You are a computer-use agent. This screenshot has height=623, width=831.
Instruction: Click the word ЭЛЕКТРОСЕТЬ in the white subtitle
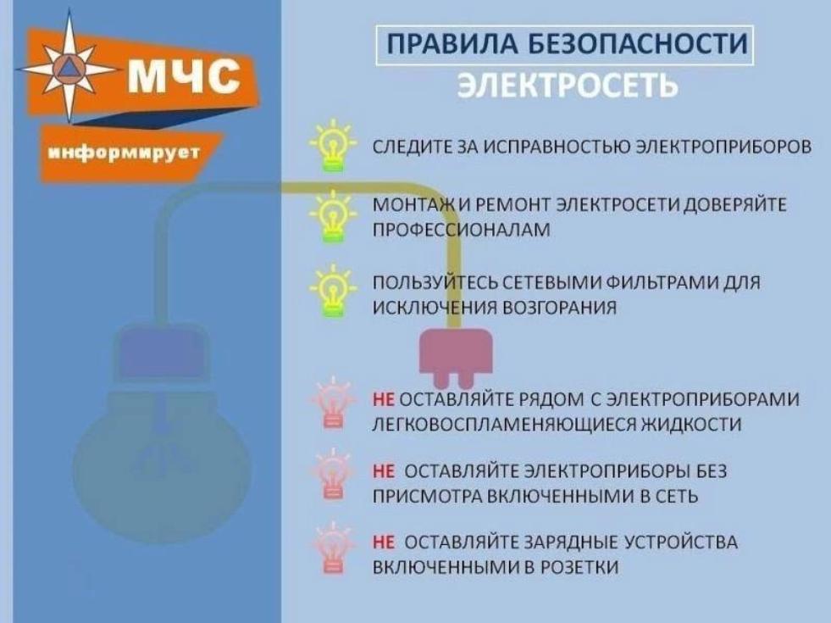pyautogui.click(x=568, y=85)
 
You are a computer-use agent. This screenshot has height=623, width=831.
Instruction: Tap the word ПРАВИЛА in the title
pyautogui.click(x=452, y=44)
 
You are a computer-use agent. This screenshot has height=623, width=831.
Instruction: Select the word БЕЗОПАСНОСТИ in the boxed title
pyautogui.click(x=638, y=44)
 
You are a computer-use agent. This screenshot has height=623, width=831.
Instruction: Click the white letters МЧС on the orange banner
pyautogui.click(x=183, y=75)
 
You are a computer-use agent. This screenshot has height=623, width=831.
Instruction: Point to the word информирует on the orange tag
pyautogui.click(x=124, y=153)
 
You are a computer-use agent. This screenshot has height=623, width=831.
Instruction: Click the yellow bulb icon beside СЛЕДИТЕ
pyautogui.click(x=333, y=146)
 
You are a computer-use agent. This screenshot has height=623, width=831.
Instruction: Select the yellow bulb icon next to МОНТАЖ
pyautogui.click(x=333, y=217)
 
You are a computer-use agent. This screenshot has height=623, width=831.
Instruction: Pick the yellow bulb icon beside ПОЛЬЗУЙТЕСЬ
pyautogui.click(x=333, y=291)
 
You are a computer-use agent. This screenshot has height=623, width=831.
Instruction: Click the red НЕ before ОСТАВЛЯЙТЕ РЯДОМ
pyautogui.click(x=384, y=398)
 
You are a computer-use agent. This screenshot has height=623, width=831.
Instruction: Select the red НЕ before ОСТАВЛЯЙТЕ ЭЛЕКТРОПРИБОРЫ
pyautogui.click(x=384, y=470)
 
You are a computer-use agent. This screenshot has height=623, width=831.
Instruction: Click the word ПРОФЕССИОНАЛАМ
pyautogui.click(x=462, y=230)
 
